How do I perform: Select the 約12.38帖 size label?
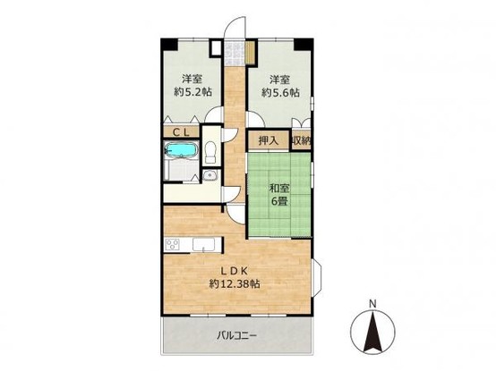click(235, 285)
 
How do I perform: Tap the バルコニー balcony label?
click(237, 336)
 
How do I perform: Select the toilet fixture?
click(210, 151)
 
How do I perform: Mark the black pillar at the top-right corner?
click(308, 44)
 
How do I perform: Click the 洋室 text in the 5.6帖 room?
click(278, 78)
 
